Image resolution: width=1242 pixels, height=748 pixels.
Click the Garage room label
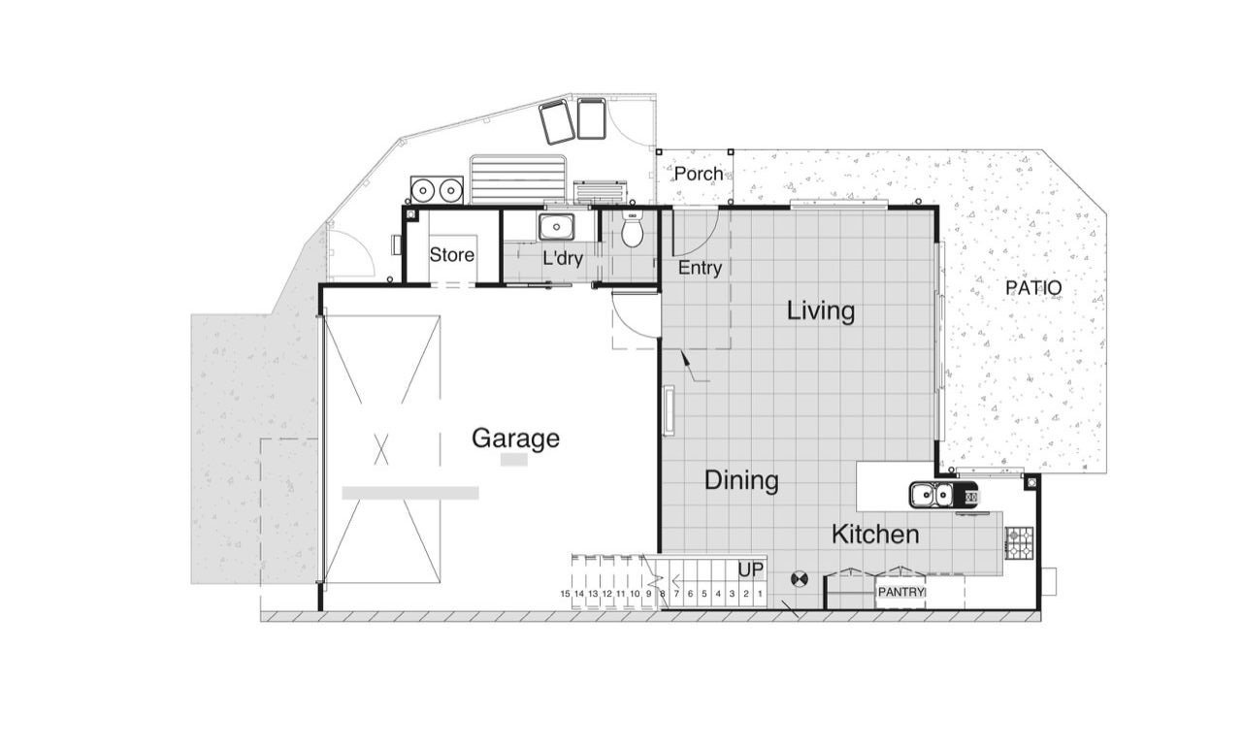[515, 439]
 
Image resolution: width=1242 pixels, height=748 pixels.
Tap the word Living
[821, 311]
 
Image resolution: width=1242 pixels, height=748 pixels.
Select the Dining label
[741, 480]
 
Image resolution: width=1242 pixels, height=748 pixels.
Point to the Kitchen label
[875, 535]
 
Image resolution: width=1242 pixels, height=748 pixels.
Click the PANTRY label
[901, 592]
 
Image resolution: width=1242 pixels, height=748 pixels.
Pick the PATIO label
[1033, 288]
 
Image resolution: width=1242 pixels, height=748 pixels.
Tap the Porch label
[699, 174]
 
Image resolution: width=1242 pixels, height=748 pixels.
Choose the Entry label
[700, 269]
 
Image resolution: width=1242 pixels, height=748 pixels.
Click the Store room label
[452, 255]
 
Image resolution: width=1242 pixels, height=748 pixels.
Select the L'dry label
[563, 258]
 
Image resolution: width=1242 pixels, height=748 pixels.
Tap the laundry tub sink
[556, 226]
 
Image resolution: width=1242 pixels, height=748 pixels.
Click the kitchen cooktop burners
[1020, 542]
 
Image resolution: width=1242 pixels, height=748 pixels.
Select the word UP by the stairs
[751, 570]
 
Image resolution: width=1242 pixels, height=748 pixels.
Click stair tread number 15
[565, 594]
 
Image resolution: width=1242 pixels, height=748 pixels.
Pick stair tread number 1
[760, 594]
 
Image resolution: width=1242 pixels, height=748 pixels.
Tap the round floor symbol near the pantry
[799, 579]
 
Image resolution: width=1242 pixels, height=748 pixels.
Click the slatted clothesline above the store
[518, 179]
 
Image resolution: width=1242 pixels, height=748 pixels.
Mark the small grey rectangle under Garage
[514, 460]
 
